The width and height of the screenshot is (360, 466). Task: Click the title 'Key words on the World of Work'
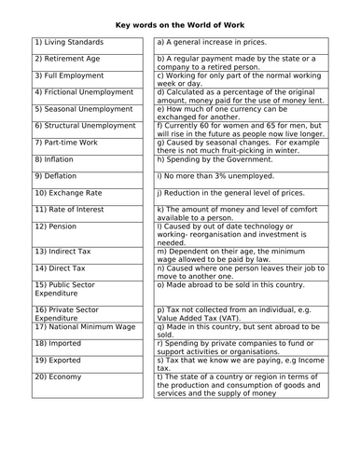180,23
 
